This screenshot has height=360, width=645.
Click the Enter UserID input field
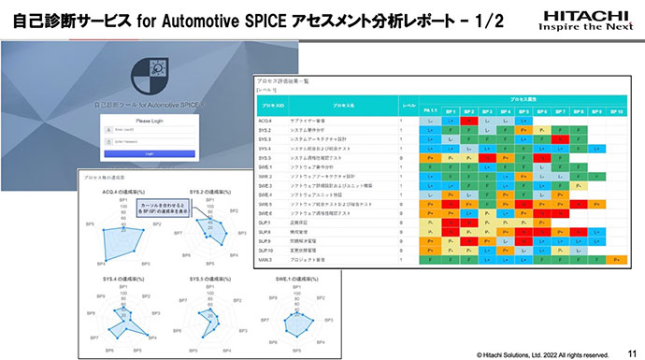pyautogui.click(x=155, y=131)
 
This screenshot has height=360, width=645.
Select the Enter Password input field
pyautogui.click(x=155, y=141)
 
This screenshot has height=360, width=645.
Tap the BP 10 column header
pyautogui.click(x=615, y=109)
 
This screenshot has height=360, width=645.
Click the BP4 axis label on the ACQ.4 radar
pyautogui.click(x=103, y=265)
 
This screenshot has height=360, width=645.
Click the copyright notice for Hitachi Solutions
pyautogui.click(x=543, y=353)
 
